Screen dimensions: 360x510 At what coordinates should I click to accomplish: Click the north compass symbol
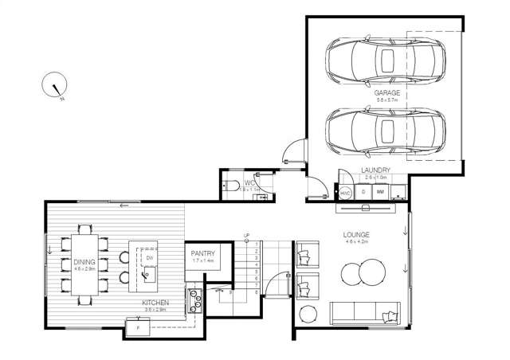(x=55, y=85)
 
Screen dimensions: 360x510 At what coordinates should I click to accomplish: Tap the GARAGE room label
(x=386, y=93)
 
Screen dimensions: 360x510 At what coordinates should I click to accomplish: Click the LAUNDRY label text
(x=375, y=170)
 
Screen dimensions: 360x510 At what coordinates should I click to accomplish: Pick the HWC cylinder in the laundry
(x=346, y=193)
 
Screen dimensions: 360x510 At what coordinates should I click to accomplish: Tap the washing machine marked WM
(x=380, y=193)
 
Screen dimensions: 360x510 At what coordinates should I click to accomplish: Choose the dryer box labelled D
(x=363, y=193)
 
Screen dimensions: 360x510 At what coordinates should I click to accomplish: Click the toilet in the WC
(x=231, y=187)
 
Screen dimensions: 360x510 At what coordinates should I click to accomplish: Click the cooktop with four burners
(x=194, y=300)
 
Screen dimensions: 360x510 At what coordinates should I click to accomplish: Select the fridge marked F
(x=138, y=327)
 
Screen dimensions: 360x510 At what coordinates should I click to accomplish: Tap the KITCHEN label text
(x=155, y=303)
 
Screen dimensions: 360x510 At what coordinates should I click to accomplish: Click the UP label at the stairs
(x=247, y=236)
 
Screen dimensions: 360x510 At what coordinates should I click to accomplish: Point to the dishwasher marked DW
(x=148, y=258)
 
